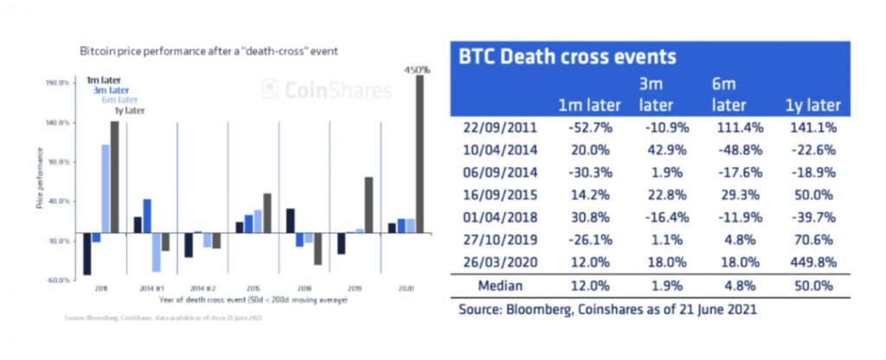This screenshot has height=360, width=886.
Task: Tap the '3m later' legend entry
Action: pos(113,89)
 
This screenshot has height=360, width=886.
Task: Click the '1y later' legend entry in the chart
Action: pos(127,110)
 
